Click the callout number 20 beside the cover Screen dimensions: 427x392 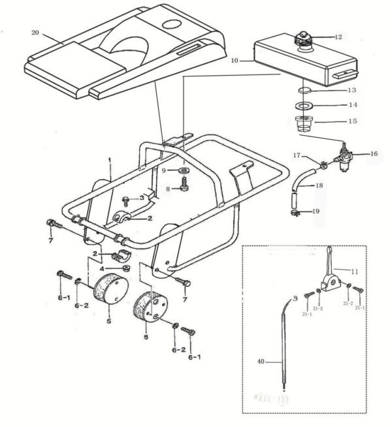click(x=35, y=31)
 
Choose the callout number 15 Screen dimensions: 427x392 click(x=352, y=121)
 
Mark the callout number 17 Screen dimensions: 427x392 click(x=297, y=155)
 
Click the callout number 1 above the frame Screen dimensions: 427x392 click(x=110, y=160)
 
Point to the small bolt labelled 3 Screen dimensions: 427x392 click(x=126, y=198)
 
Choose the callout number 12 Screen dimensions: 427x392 click(x=337, y=37)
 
